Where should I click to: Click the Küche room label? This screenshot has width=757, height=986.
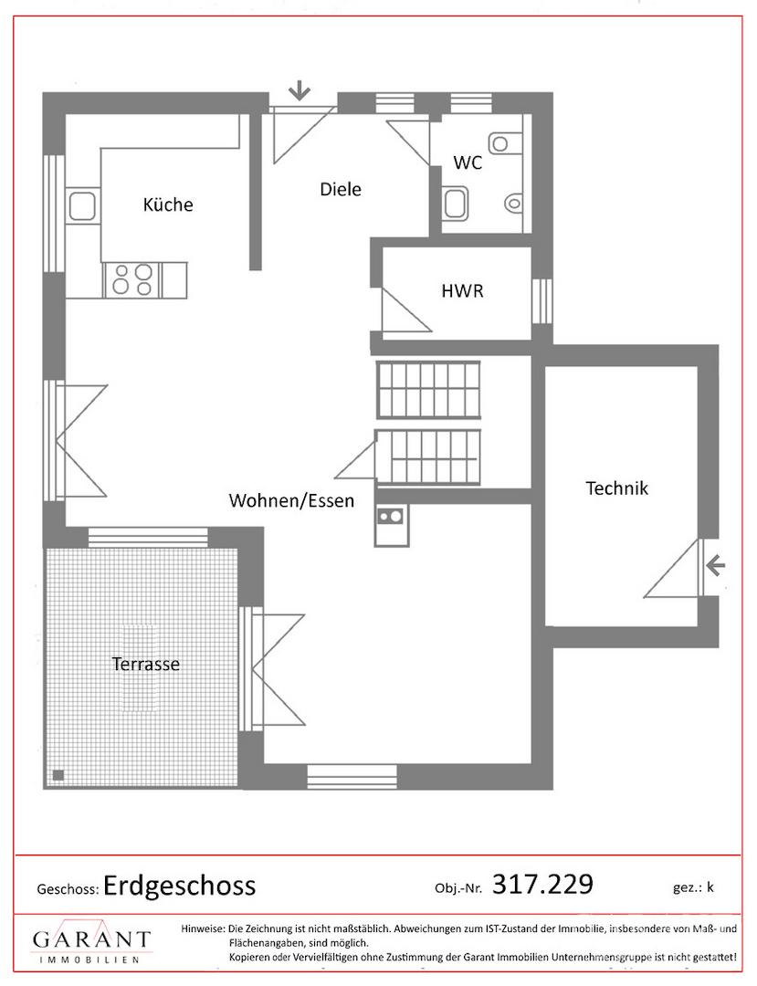point(168,205)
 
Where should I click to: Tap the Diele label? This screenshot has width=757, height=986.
point(340,189)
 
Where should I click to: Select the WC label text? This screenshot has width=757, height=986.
point(468,163)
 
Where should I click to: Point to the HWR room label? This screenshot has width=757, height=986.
point(462,291)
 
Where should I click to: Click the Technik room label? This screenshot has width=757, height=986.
point(616,488)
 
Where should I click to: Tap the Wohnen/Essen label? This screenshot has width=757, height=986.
point(291,500)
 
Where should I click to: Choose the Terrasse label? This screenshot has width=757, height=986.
point(146,664)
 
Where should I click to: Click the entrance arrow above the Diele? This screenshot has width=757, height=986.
point(300,92)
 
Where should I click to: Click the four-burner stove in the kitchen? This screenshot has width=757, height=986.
point(132,280)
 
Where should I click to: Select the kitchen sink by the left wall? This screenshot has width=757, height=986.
point(82,205)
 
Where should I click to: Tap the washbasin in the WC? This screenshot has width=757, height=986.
point(456,203)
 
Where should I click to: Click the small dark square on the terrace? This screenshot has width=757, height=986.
point(58,775)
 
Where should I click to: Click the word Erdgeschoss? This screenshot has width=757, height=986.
point(179,886)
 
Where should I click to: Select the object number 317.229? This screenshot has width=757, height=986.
point(542,884)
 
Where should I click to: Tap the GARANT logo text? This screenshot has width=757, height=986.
point(92,939)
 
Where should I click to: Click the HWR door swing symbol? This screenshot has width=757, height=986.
point(406,310)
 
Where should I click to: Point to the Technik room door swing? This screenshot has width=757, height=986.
point(672,569)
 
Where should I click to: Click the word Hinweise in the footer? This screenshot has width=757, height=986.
point(203,928)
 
